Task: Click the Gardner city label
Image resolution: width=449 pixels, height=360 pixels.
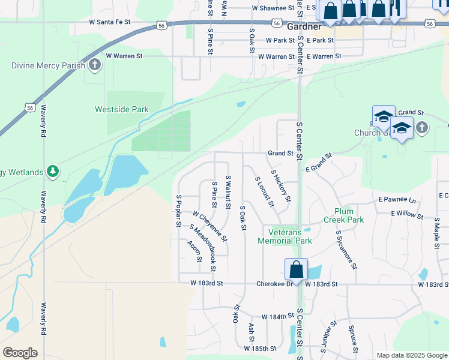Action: pyautogui.click(x=304, y=28)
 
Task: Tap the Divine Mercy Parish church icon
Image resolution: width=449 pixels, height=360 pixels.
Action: pyautogui.click(x=94, y=65)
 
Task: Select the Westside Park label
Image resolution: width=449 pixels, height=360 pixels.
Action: pyautogui.click(x=122, y=109)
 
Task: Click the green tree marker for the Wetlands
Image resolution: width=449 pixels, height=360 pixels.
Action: pyautogui.click(x=53, y=172)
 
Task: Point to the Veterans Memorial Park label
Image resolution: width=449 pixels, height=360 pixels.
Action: pyautogui.click(x=285, y=236)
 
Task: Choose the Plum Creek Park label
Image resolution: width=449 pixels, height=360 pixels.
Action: pyautogui.click(x=349, y=215)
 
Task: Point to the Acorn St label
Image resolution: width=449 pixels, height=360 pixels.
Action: pyautogui.click(x=194, y=251)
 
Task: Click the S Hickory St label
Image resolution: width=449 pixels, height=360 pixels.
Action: pyautogui.click(x=281, y=185)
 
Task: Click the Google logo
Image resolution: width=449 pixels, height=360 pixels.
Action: pyautogui.click(x=20, y=353)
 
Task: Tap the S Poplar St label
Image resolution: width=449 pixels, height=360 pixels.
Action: pyautogui.click(x=179, y=211)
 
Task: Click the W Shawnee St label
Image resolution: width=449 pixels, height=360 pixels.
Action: pyautogui.click(x=274, y=8)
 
